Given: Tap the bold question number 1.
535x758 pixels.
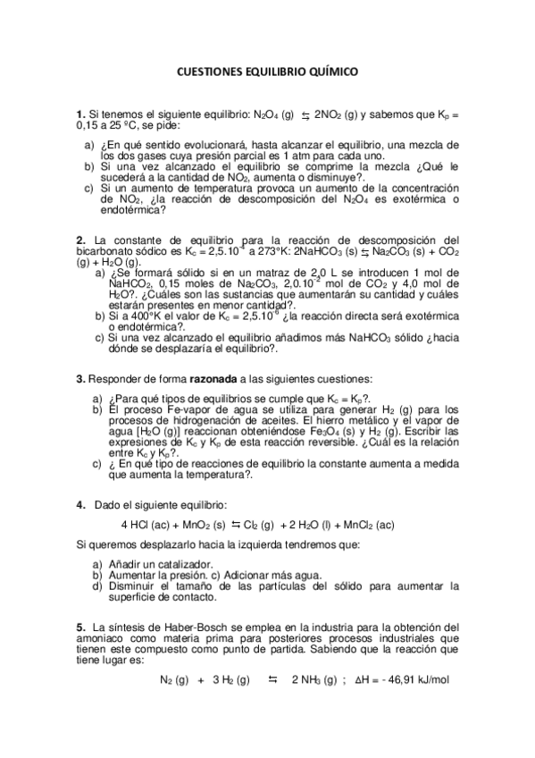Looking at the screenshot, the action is point(80,114).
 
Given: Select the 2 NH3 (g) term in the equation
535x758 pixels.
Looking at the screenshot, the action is point(313,680).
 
